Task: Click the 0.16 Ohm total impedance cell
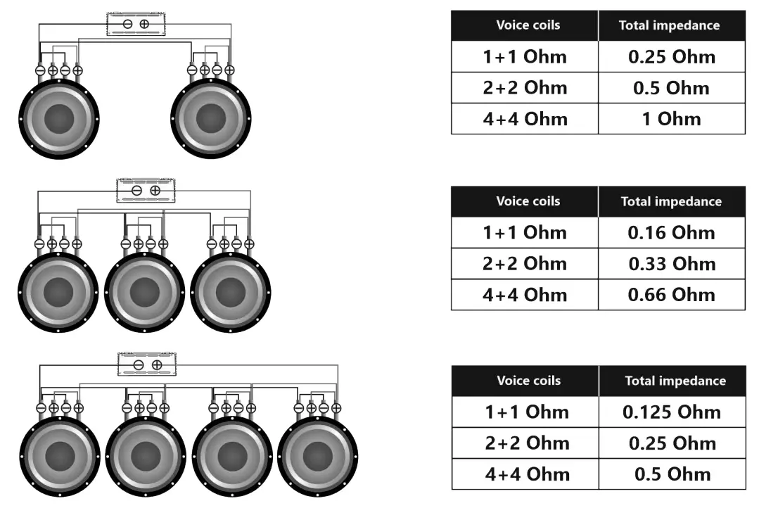point(671,233)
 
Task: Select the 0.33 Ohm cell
point(671,264)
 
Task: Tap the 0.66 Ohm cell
point(671,295)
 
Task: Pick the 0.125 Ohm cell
point(672,412)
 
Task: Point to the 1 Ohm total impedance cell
point(671,119)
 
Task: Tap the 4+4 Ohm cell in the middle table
point(525,295)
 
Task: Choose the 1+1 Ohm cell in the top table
point(525,57)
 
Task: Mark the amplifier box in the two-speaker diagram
point(136,25)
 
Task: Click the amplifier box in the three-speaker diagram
point(146,191)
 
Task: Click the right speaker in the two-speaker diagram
point(211,118)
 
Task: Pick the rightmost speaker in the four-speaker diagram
point(318,457)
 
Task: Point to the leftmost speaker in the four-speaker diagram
point(60,457)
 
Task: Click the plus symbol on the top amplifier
point(144,24)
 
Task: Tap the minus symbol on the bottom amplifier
point(139,364)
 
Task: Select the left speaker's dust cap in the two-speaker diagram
point(60,118)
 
